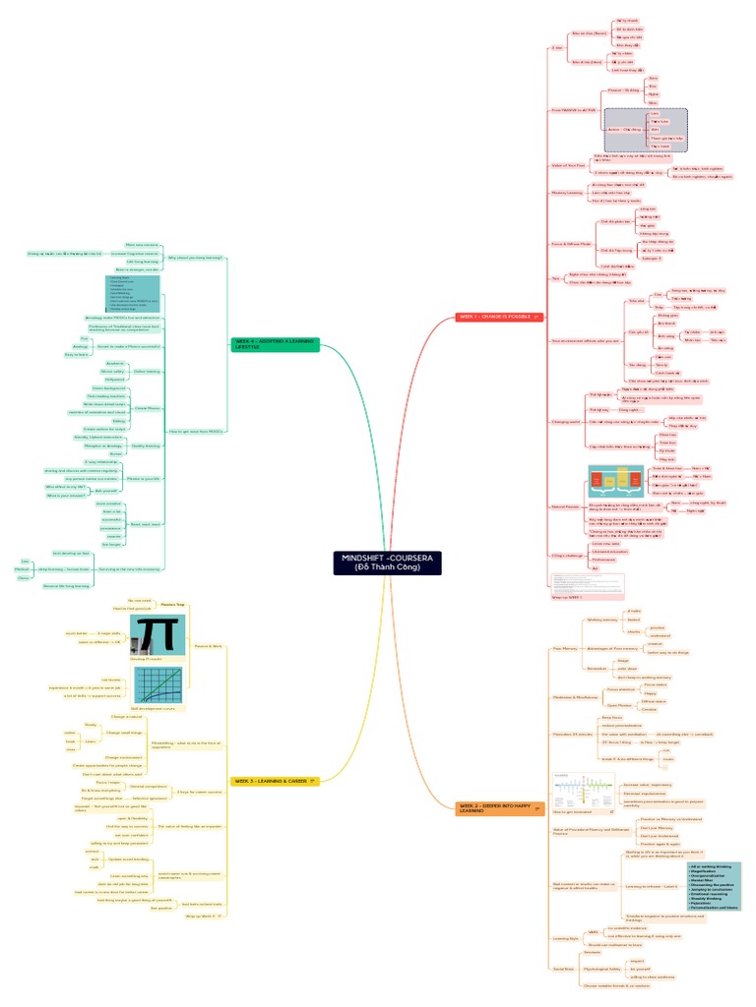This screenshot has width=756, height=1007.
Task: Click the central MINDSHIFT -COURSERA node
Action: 386,563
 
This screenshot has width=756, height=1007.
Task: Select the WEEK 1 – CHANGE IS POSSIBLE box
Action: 494,317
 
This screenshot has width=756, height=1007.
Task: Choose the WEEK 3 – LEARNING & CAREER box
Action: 276,781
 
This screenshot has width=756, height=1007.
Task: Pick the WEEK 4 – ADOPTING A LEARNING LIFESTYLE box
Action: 276,344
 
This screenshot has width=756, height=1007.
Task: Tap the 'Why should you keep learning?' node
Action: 195,258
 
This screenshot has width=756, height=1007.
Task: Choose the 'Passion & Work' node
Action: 209,646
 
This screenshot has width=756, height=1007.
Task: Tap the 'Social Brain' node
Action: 563,969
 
